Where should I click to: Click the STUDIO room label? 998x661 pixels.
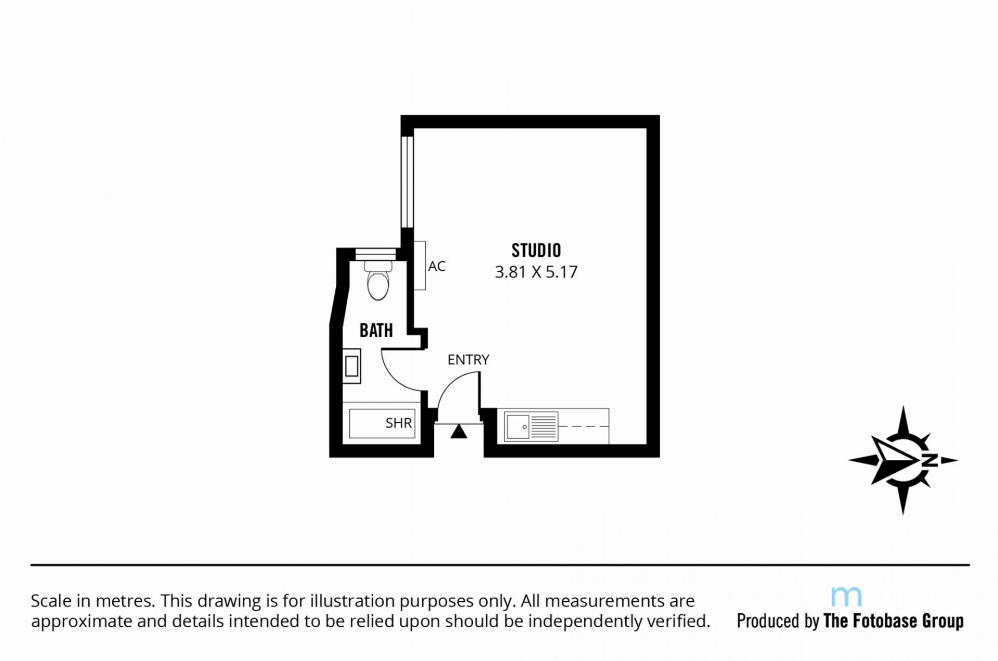coord(536,250)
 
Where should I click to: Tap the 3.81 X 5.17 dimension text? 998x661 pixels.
coord(536,272)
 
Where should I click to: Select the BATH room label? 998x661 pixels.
coord(376,330)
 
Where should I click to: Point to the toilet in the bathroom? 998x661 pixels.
coord(378,280)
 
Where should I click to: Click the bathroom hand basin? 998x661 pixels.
coord(351,366)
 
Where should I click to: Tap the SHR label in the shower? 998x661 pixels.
coord(399,423)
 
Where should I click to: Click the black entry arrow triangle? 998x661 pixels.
coord(458,431)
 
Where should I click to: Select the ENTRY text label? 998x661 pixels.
coord(468,360)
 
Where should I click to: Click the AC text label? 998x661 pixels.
coord(437,267)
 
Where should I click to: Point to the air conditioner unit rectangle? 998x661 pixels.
coord(419,266)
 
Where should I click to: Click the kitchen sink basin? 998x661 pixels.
coord(518,427)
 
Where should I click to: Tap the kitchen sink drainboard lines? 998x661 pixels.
coord(544,427)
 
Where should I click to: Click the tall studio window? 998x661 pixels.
coord(407,182)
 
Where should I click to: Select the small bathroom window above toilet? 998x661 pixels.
coord(375,255)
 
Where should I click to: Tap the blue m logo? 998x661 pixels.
coord(846,597)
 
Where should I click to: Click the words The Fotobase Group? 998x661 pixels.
coord(894,621)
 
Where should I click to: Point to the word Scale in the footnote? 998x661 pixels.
coord(51,601)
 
